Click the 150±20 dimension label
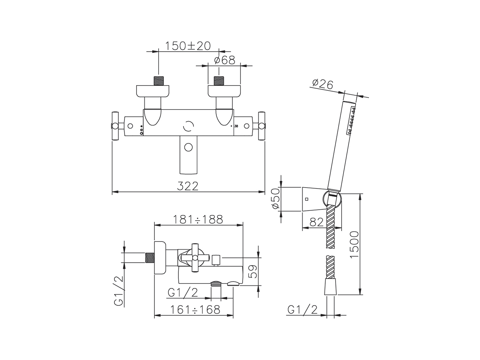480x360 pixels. pos(187,46)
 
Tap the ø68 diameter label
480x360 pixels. pos(225,60)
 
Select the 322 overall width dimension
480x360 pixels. pos(187,186)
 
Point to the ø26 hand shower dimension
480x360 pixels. pos(322,84)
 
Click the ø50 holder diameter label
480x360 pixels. pos(275,198)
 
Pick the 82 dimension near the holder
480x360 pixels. pos(316,222)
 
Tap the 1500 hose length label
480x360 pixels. pos(354,244)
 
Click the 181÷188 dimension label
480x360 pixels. pos(198,219)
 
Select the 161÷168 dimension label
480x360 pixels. pos(195,309)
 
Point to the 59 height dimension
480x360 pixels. pos(253,271)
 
